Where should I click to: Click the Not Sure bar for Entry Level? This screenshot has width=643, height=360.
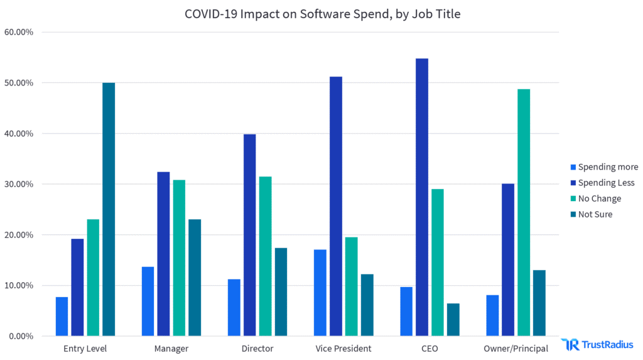pos(109,209)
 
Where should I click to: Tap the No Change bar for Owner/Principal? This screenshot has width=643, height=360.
pos(524,212)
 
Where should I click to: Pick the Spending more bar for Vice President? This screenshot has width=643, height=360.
pos(320,293)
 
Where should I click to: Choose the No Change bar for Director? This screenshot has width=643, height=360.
pos(266,256)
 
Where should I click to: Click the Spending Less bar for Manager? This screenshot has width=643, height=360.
pos(163,254)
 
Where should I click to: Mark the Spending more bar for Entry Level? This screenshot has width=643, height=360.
pos(62,317)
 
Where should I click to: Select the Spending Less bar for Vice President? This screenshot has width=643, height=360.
pos(336,206)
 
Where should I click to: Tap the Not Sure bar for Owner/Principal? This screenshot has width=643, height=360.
pos(539,303)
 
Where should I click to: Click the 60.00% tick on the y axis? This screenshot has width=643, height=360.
pos(19,32)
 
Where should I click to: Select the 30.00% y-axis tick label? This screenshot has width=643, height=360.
pos(19,184)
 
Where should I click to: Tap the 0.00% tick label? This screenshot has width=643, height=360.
pos(21,336)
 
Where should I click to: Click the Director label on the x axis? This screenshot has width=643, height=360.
pos(257,349)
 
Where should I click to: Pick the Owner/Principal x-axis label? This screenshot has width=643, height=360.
pos(516,349)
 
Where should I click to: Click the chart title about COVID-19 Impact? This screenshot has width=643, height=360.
pos(322,14)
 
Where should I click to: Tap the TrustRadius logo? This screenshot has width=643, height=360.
pos(597,344)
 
